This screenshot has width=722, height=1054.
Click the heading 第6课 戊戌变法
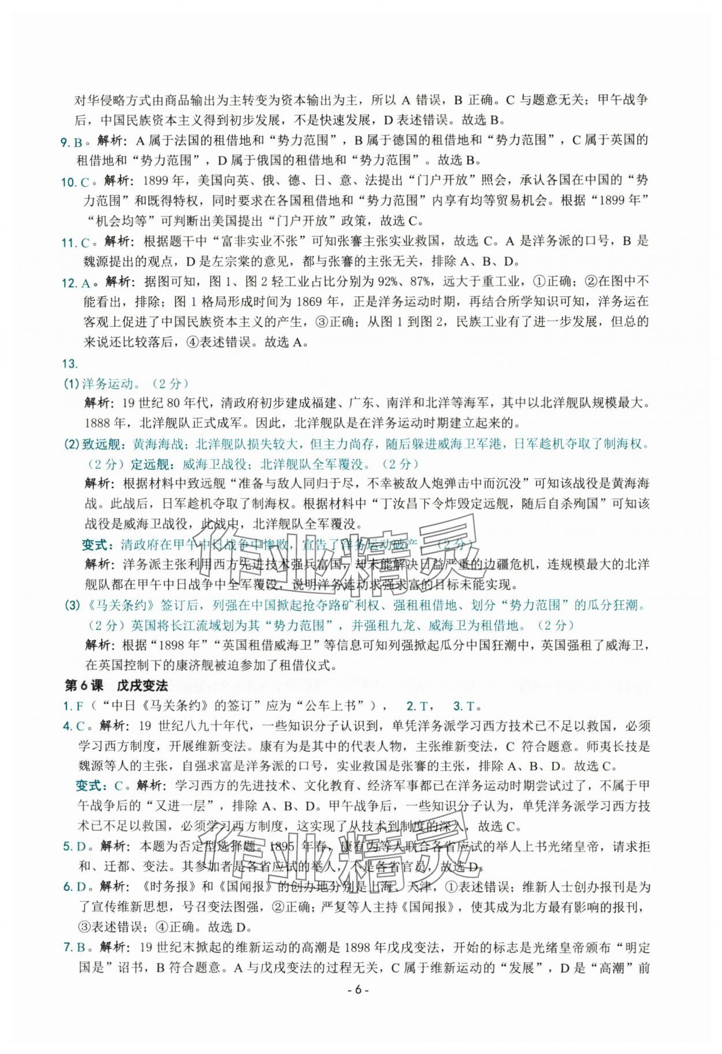click(x=116, y=686)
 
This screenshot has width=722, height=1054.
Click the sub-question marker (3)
click(x=71, y=606)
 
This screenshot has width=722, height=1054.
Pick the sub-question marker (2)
click(x=71, y=444)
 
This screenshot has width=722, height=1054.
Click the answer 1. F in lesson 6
click(x=70, y=706)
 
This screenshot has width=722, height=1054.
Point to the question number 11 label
click(x=69, y=242)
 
